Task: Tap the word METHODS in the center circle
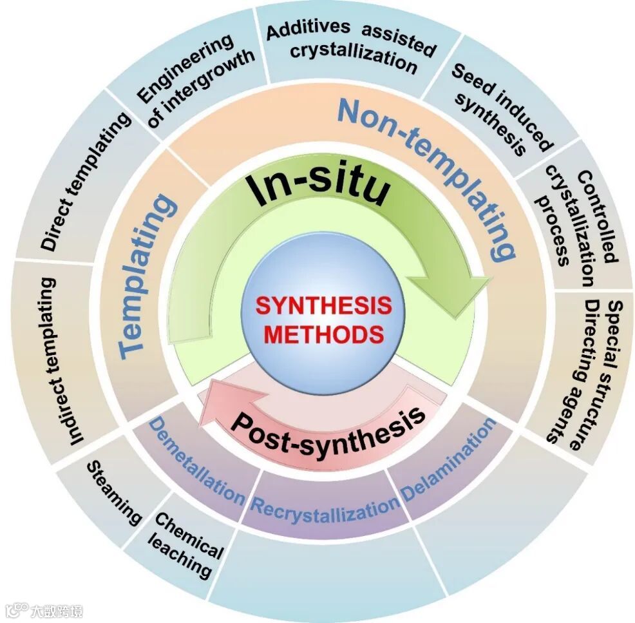click(x=324, y=334)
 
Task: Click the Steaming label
click(x=113, y=492)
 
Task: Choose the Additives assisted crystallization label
click(x=352, y=45)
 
